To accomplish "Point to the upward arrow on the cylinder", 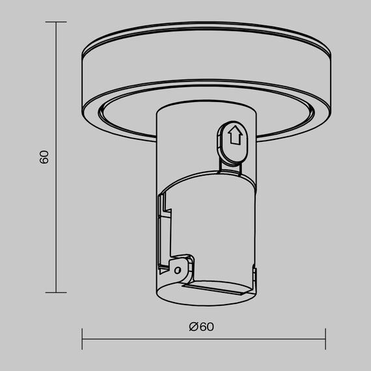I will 236,137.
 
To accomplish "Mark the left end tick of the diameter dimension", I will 83,338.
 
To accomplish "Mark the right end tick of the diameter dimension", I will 325,338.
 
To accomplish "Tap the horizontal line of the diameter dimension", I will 204,338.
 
